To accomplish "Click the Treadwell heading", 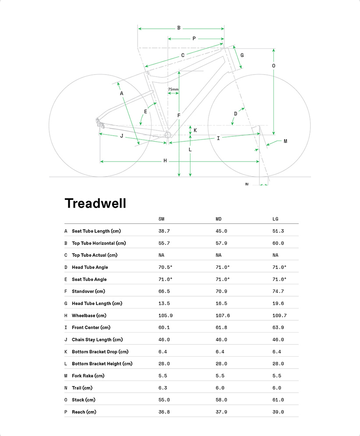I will tap(95, 203).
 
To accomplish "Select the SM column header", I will tap(162, 219).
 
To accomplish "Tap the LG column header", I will tap(275, 219).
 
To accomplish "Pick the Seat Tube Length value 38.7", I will tap(164, 231).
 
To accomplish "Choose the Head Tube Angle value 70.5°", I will tap(165, 267).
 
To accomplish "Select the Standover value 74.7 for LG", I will tap(278, 291).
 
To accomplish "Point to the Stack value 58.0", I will tap(221, 400).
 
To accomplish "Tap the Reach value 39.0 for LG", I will tap(278, 412).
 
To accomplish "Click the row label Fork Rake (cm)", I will tap(88, 376).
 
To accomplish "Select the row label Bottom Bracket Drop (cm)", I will tap(100, 351).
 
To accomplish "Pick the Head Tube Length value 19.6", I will tap(278, 303).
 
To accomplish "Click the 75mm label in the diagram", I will tap(173, 89).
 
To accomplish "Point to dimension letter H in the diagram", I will tap(165, 161).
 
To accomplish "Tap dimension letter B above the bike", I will tap(179, 28).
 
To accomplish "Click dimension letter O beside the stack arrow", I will tap(274, 66).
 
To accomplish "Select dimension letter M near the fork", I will tap(285, 141).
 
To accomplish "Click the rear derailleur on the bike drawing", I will tap(101, 124).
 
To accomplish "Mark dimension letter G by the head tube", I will tap(242, 55).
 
